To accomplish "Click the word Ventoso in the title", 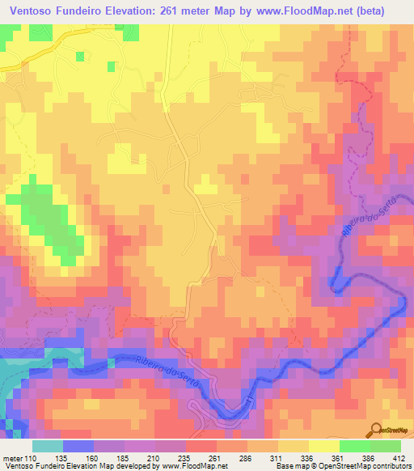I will point(32,11).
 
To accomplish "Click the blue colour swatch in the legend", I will point(78,445).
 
